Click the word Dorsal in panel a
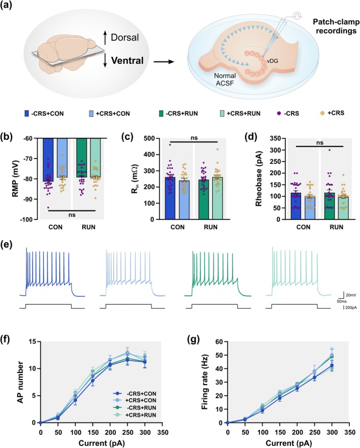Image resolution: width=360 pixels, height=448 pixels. (125, 38)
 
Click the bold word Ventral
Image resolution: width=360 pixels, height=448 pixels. (127, 60)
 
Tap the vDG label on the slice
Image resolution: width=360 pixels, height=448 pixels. (273, 61)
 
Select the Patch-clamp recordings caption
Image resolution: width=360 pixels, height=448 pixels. (336, 26)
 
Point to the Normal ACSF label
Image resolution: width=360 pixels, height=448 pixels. (225, 80)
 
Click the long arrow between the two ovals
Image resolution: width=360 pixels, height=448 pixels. (164, 61)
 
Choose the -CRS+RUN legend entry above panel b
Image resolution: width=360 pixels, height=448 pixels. (178, 114)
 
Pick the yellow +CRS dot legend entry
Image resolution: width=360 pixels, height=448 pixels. (332, 113)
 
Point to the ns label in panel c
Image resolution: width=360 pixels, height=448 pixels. (194, 138)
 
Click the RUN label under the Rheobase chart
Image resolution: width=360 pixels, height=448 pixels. (337, 227)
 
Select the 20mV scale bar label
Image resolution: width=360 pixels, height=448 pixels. (350, 295)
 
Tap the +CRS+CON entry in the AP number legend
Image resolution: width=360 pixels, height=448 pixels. (141, 401)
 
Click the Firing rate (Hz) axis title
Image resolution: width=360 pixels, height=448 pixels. (205, 382)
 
